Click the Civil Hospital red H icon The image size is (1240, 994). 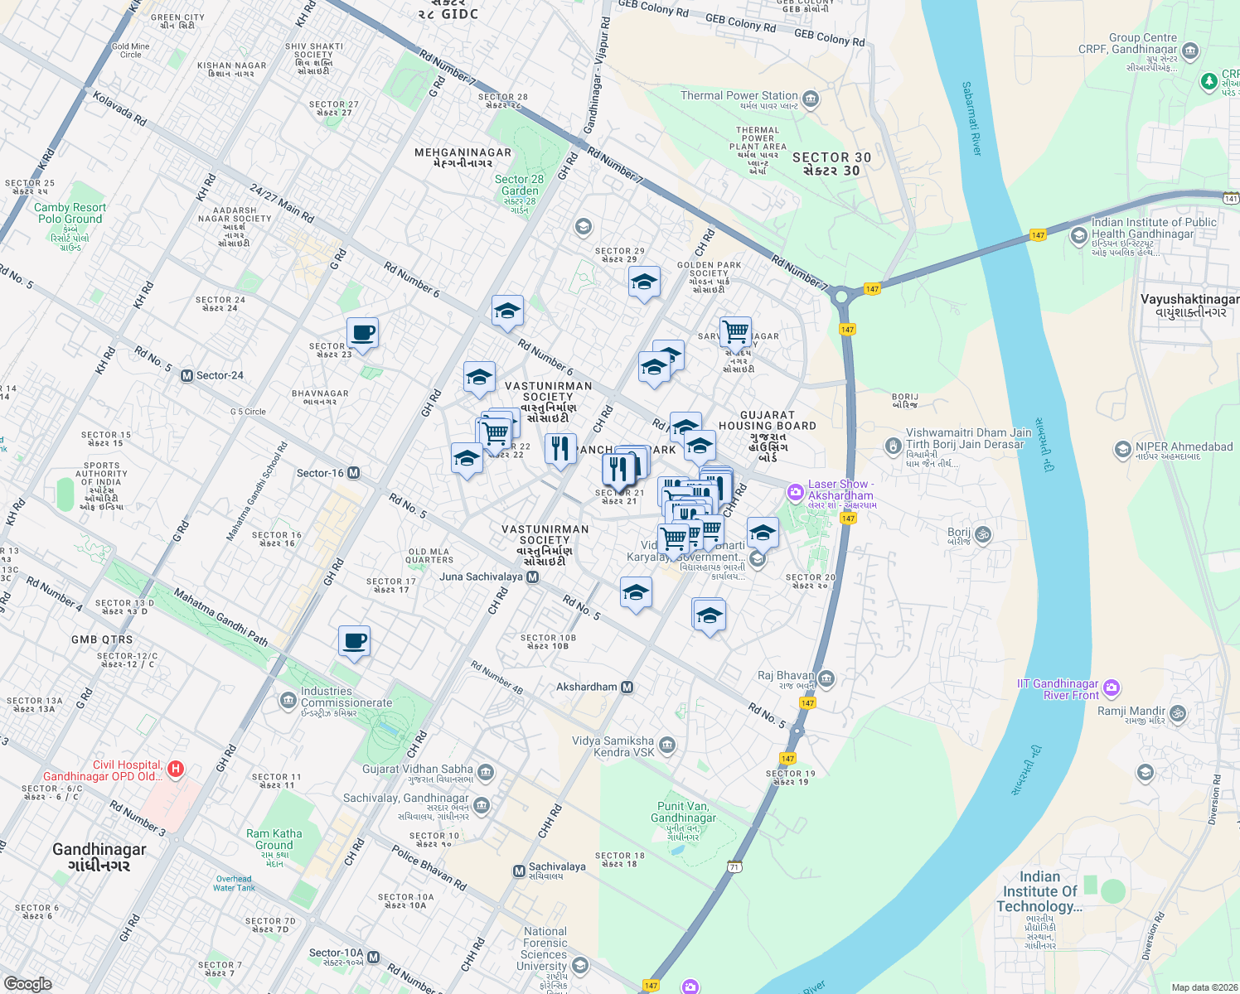[x=175, y=770]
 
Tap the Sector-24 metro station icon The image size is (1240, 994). [x=187, y=375]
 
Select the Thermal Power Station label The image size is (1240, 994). [x=739, y=96]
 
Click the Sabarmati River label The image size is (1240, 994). [x=971, y=118]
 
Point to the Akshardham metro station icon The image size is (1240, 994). [x=627, y=687]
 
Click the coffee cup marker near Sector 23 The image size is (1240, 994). [x=362, y=334]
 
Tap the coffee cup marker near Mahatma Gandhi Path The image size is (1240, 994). [x=354, y=641]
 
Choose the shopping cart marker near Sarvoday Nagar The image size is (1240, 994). [x=735, y=332]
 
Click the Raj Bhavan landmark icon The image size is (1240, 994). [x=826, y=679]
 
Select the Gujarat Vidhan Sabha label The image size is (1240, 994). [x=417, y=770]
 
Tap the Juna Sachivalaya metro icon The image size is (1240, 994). [x=533, y=577]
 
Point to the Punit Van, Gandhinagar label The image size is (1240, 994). [x=683, y=812]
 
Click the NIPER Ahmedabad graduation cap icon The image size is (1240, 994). [x=1122, y=450]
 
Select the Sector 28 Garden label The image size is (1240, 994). [x=519, y=185]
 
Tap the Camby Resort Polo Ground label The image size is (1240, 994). [x=70, y=214]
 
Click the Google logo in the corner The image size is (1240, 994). [x=27, y=983]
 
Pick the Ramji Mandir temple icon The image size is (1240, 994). [x=1177, y=712]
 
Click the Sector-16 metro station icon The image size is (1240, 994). [x=354, y=473]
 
